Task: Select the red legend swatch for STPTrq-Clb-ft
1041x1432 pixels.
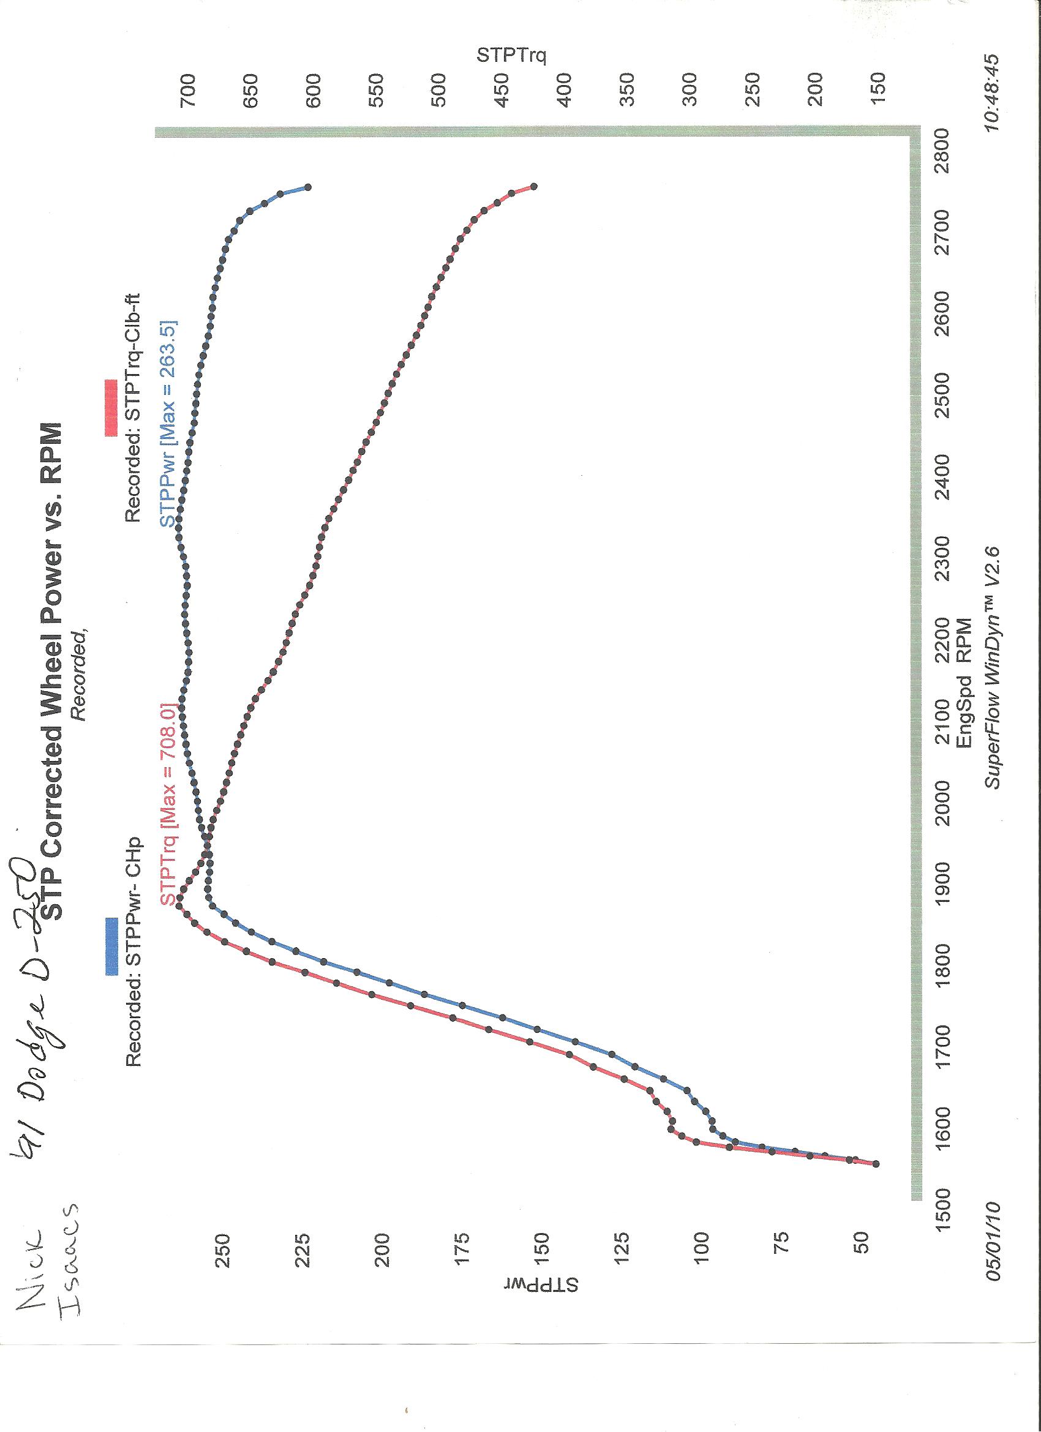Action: click(111, 407)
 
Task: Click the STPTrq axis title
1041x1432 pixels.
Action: click(511, 56)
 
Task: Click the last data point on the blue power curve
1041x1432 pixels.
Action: click(308, 187)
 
